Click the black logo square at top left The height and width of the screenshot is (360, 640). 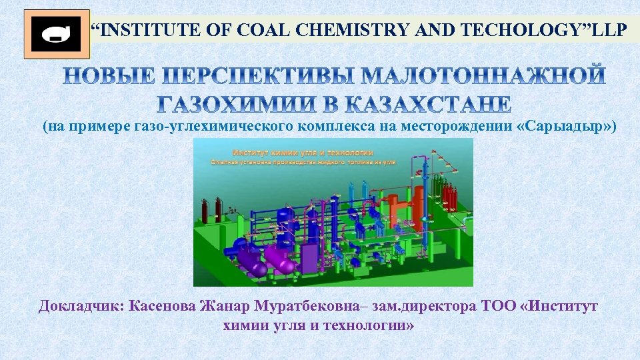coord(57,34)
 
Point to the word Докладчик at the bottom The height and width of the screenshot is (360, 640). coord(81,307)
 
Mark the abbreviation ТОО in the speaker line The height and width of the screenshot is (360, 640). coord(493,307)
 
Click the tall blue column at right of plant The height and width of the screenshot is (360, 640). coord(425,193)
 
